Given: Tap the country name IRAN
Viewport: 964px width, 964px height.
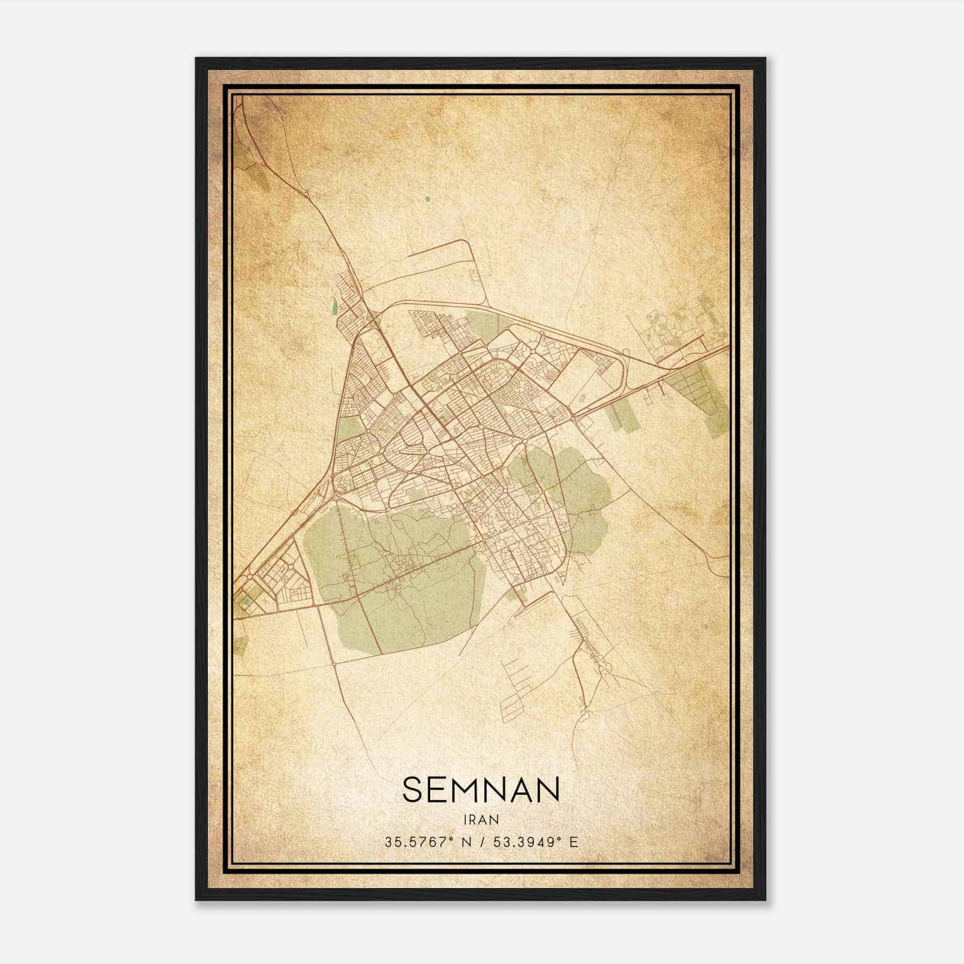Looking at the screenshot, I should (481, 819).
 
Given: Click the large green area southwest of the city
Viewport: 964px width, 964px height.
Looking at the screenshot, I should (398, 578).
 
